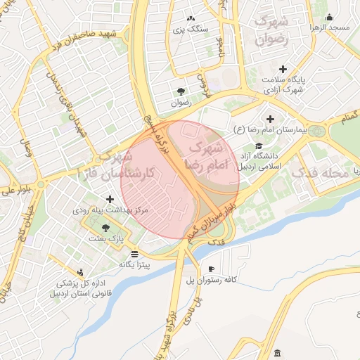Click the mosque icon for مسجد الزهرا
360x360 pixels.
[330, 17]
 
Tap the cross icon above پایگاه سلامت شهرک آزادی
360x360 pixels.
[283, 69]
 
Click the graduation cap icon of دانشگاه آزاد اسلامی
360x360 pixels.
[258, 146]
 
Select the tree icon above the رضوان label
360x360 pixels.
[181, 91]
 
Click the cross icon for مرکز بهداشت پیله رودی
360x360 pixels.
[110, 199]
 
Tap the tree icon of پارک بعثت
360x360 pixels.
[105, 227]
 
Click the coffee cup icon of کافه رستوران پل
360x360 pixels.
[211, 269]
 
